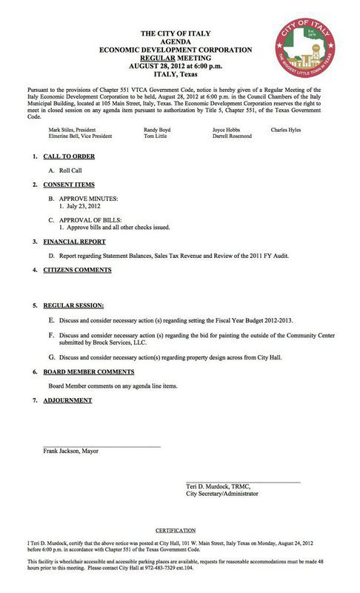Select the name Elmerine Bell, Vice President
click(x=81, y=136)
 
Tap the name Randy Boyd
click(x=157, y=129)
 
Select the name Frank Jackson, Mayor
click(x=71, y=450)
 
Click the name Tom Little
click(x=156, y=136)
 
